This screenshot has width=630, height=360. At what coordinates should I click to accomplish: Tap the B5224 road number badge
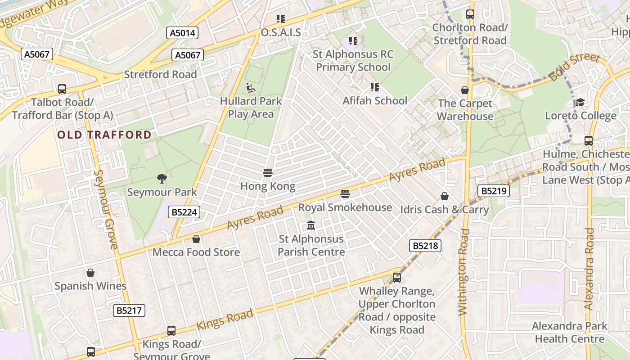click(184, 212)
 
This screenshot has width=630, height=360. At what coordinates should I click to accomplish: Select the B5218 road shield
click(425, 246)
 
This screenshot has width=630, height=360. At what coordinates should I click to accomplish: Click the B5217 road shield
click(129, 310)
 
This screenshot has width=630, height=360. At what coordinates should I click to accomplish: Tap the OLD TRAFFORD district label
click(104, 135)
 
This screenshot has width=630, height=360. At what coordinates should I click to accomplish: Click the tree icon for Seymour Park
click(162, 179)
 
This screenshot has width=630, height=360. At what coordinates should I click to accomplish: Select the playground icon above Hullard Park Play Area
click(251, 87)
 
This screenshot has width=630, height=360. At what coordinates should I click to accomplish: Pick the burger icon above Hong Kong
click(268, 173)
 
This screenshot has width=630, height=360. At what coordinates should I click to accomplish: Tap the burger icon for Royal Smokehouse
click(345, 194)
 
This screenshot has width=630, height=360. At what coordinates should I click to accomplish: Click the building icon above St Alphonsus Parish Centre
click(311, 225)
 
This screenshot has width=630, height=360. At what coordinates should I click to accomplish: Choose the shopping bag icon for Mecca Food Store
click(196, 238)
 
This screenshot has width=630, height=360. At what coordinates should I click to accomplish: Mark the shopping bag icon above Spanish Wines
click(90, 273)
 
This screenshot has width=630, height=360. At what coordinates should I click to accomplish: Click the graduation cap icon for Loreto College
click(580, 102)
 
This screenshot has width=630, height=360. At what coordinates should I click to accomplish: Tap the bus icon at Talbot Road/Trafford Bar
click(62, 89)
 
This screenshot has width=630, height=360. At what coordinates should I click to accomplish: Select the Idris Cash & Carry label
click(444, 209)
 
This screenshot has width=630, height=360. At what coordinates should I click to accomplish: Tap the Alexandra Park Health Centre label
click(569, 333)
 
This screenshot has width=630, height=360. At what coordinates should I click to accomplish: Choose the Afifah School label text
click(375, 101)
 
